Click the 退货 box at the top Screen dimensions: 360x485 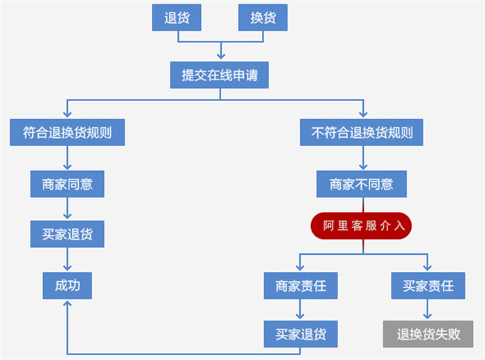click(x=176, y=18)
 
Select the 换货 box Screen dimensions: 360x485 click(x=263, y=18)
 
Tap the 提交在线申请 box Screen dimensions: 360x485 click(x=219, y=75)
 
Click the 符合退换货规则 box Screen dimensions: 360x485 click(x=67, y=132)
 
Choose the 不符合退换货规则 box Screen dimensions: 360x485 click(x=362, y=132)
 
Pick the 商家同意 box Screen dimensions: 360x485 click(x=67, y=184)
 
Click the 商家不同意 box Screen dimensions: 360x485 click(x=361, y=184)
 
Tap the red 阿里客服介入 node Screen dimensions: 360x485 click(x=361, y=226)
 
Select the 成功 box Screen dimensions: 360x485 click(x=67, y=285)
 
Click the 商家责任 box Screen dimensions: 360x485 click(x=300, y=285)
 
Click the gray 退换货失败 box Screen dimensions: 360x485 click(x=428, y=334)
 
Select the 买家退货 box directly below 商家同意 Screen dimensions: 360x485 click(x=67, y=234)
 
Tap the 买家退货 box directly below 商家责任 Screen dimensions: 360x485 click(x=300, y=334)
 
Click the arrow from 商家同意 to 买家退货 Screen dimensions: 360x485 click(x=67, y=209)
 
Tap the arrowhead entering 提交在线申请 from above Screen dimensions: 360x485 click(x=220, y=57)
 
